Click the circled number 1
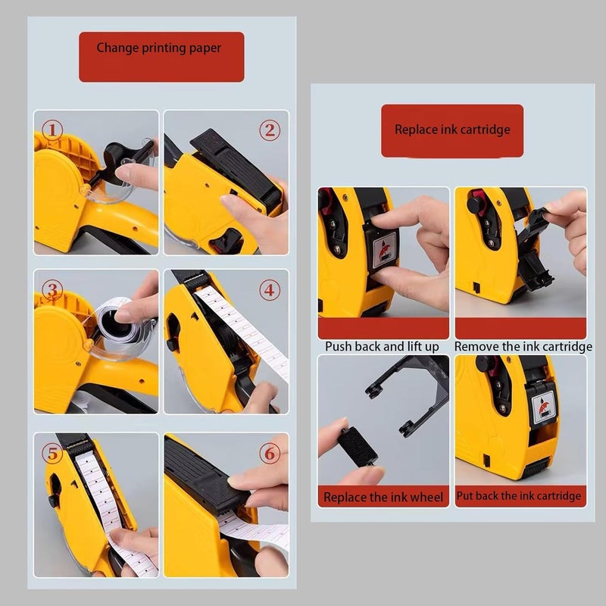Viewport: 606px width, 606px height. point(52,130)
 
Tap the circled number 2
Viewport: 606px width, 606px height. point(270,130)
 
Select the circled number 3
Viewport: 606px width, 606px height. point(52,290)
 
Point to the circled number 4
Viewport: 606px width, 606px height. point(270,290)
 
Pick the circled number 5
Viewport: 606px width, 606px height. point(52,453)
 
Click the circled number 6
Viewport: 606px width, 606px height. point(270,453)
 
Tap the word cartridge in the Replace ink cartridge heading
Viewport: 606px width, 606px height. point(485,130)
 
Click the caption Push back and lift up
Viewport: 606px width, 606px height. point(382,346)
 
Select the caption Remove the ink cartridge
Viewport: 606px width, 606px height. point(523,346)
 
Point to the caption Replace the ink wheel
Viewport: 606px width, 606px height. point(383,497)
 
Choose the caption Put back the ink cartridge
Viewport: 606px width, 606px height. point(519,496)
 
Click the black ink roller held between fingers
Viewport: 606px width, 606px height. point(357,447)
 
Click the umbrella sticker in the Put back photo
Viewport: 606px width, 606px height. point(543,405)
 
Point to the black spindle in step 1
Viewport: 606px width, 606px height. point(116,162)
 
